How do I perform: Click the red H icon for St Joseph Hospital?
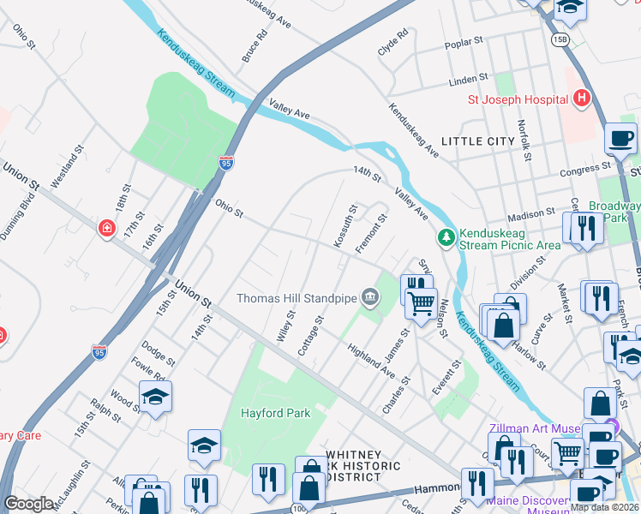(x=582, y=99)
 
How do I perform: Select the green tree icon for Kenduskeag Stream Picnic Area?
(x=446, y=237)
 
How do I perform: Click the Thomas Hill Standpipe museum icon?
(x=369, y=297)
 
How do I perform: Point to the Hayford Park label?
(x=276, y=412)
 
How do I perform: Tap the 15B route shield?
(x=560, y=39)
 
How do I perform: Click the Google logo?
(x=28, y=504)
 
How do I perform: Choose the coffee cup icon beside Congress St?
(x=620, y=138)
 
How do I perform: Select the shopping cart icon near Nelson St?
(x=420, y=302)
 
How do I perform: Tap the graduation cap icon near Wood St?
(x=155, y=397)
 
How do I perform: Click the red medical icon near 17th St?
(x=105, y=228)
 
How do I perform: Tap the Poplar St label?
(x=464, y=45)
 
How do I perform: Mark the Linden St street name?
(x=468, y=81)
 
